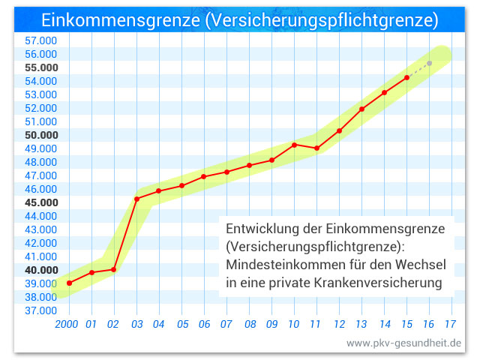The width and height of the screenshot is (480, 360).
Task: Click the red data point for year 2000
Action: [69, 283]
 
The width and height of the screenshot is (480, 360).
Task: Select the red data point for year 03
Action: [136, 199]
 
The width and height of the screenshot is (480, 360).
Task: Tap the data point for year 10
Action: [294, 145]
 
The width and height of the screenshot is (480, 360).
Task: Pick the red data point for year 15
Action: [406, 77]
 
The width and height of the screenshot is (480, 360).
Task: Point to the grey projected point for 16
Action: [429, 63]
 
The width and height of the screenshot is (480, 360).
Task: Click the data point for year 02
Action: [114, 269]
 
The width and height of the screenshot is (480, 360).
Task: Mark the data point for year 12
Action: [339, 130]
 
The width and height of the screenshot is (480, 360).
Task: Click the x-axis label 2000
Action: [67, 325]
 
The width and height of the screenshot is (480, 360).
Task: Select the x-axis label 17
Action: [451, 325]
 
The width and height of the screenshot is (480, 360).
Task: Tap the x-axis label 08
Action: [249, 325]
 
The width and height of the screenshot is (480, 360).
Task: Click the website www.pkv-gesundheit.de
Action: [403, 343]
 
